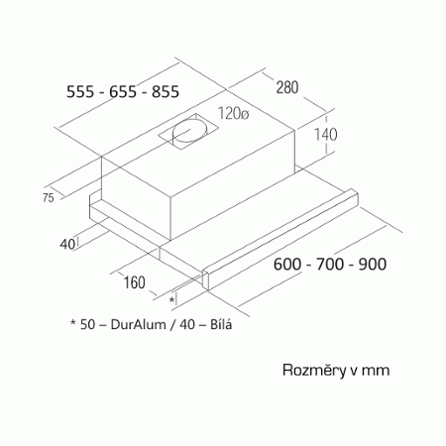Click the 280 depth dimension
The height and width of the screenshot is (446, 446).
coord(287,87)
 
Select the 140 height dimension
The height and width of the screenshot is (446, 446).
coord(325,135)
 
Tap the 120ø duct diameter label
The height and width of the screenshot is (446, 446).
coord(233,114)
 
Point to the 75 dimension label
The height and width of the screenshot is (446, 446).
coord(48,197)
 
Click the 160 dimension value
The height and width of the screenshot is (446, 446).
coord(134,282)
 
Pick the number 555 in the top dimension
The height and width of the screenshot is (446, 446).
coord(80,91)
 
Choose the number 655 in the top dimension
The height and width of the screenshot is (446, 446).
coord(123,91)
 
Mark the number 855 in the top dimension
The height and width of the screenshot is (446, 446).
coord(166,91)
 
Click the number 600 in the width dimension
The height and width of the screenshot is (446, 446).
coord(287,265)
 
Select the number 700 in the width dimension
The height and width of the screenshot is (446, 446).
coord(330,265)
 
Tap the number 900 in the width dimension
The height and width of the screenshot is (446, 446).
coord(373,265)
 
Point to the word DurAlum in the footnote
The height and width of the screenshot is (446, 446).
coord(138,324)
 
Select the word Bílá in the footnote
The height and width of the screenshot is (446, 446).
coord(221,324)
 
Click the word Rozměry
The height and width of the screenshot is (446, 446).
coord(313,370)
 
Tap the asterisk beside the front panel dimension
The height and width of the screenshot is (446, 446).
coord(171,299)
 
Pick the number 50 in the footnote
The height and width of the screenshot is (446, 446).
coord(87,324)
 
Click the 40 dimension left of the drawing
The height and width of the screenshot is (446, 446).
coord(67,244)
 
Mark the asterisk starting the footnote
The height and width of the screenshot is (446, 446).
coord(73,322)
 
